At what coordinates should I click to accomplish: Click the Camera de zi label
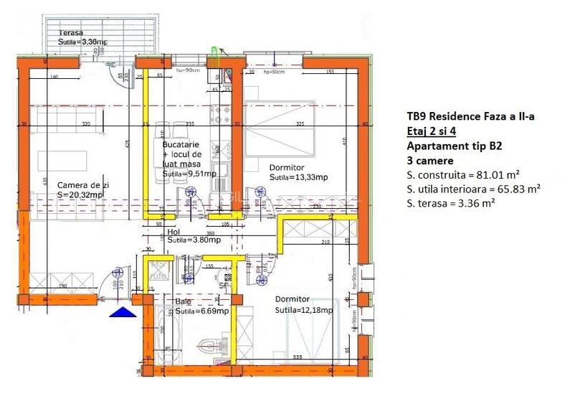coord(83,184)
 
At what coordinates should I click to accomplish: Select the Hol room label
coord(173,232)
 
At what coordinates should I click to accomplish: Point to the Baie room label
coord(184,301)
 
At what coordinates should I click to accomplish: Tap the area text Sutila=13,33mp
coord(298,177)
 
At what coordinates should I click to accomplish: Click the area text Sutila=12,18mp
coord(304,310)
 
